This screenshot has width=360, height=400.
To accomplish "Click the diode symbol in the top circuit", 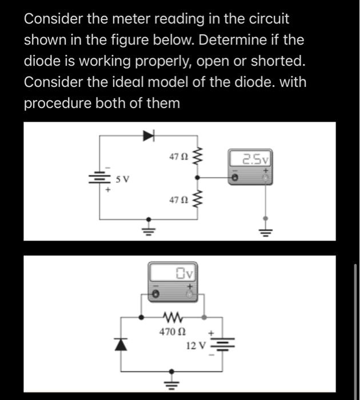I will coord(150,135).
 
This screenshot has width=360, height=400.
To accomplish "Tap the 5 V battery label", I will coord(123,179).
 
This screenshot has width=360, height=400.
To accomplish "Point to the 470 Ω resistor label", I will coord(172,331).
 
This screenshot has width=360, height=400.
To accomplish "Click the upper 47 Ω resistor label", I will coord(178,155).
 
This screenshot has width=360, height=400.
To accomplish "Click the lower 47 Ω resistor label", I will coord(178,200).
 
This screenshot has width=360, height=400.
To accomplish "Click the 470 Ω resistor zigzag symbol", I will coord(172,315).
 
